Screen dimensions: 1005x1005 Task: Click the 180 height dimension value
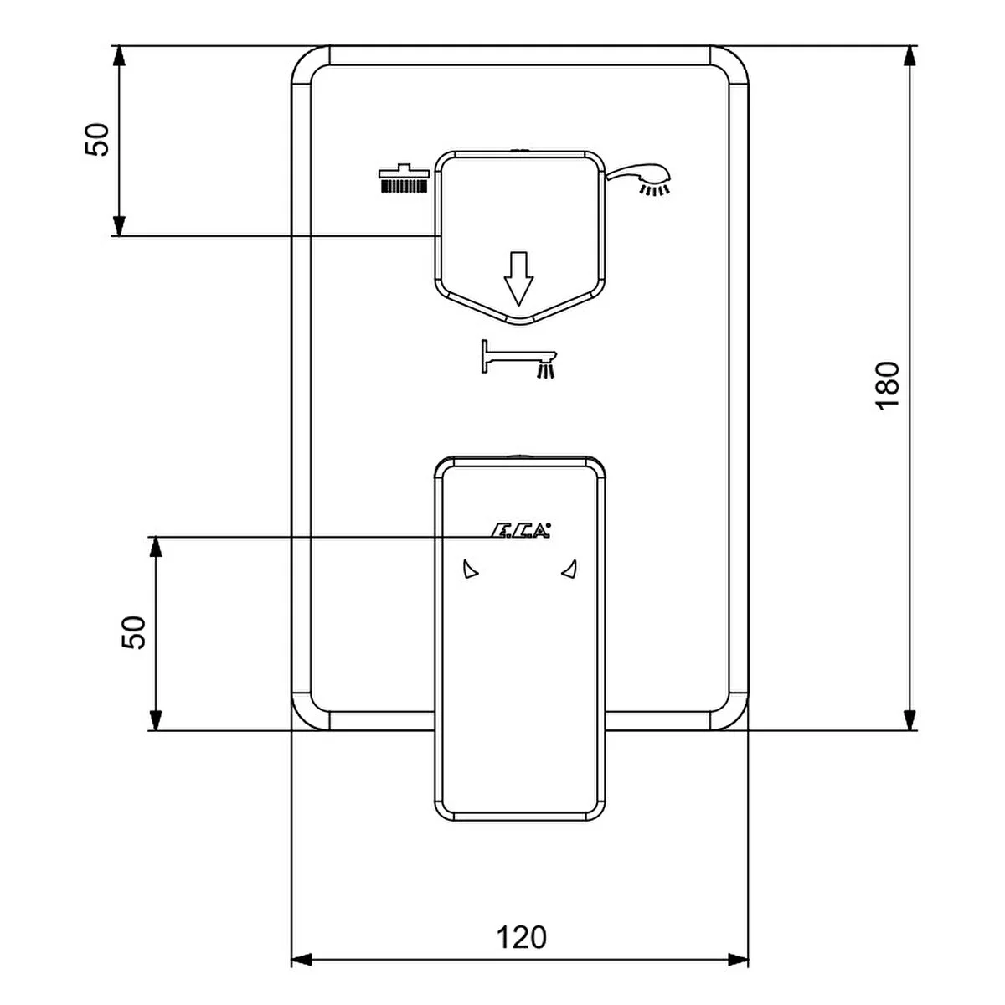[886, 384]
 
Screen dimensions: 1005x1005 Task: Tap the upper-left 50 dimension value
[97, 139]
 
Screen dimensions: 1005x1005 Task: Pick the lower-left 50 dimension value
[134, 632]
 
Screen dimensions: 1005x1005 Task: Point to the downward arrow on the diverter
[518, 278]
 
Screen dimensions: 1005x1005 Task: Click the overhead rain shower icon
[405, 179]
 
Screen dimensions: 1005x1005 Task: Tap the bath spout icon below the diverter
[518, 358]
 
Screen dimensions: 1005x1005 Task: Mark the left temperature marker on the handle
[470, 570]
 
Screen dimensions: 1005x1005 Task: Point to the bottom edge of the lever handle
[519, 819]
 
